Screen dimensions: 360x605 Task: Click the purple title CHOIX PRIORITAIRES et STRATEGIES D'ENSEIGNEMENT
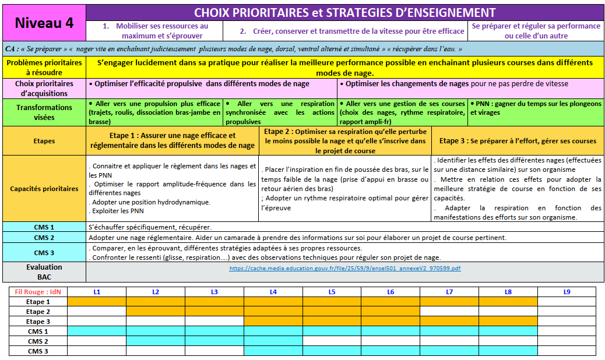click(x=344, y=13)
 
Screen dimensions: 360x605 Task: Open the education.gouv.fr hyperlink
click(x=345, y=269)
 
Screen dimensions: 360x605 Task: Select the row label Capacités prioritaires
click(x=44, y=189)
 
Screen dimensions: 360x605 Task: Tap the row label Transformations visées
click(x=44, y=112)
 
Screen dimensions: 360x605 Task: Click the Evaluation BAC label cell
click(x=44, y=272)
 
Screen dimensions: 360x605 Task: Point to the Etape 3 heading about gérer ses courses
click(x=518, y=141)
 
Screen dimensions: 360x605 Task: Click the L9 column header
click(x=567, y=291)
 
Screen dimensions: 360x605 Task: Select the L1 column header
click(x=97, y=291)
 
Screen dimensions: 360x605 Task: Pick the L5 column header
click(x=332, y=291)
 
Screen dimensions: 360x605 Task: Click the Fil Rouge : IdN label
click(x=38, y=291)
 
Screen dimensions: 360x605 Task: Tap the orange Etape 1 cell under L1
click(x=97, y=302)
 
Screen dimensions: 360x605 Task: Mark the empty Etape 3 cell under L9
click(x=567, y=322)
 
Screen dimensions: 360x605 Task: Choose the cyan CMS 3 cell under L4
click(x=273, y=351)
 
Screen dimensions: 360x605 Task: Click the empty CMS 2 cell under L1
click(x=97, y=341)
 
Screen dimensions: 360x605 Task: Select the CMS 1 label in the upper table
click(x=44, y=227)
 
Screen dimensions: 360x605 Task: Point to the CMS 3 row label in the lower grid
click(x=38, y=351)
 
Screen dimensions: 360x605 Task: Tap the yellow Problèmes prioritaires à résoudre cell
click(x=44, y=67)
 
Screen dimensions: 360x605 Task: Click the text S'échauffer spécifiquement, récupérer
click(x=150, y=227)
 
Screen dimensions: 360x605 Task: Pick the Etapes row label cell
click(x=44, y=141)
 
